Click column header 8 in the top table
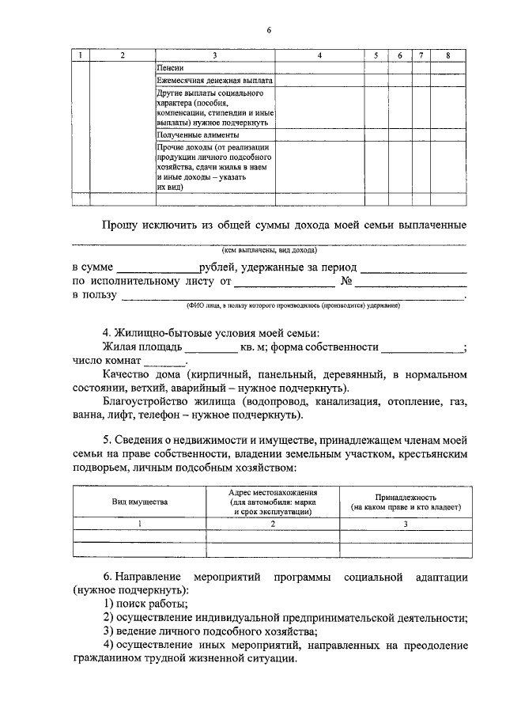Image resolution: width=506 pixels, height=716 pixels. point(448,55)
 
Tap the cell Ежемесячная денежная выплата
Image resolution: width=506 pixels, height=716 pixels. point(215,81)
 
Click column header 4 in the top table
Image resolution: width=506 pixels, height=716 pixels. point(319,55)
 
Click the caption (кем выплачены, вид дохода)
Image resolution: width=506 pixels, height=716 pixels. point(269,248)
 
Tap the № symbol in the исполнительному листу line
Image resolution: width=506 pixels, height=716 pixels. point(345,281)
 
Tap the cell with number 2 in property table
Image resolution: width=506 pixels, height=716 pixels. point(272,523)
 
